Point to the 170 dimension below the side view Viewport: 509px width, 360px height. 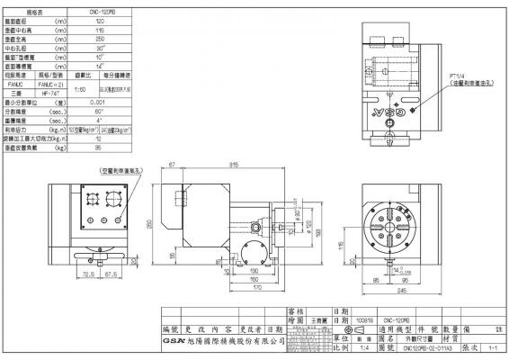click(x=232, y=287)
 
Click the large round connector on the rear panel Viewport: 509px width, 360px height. click(x=114, y=200)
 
